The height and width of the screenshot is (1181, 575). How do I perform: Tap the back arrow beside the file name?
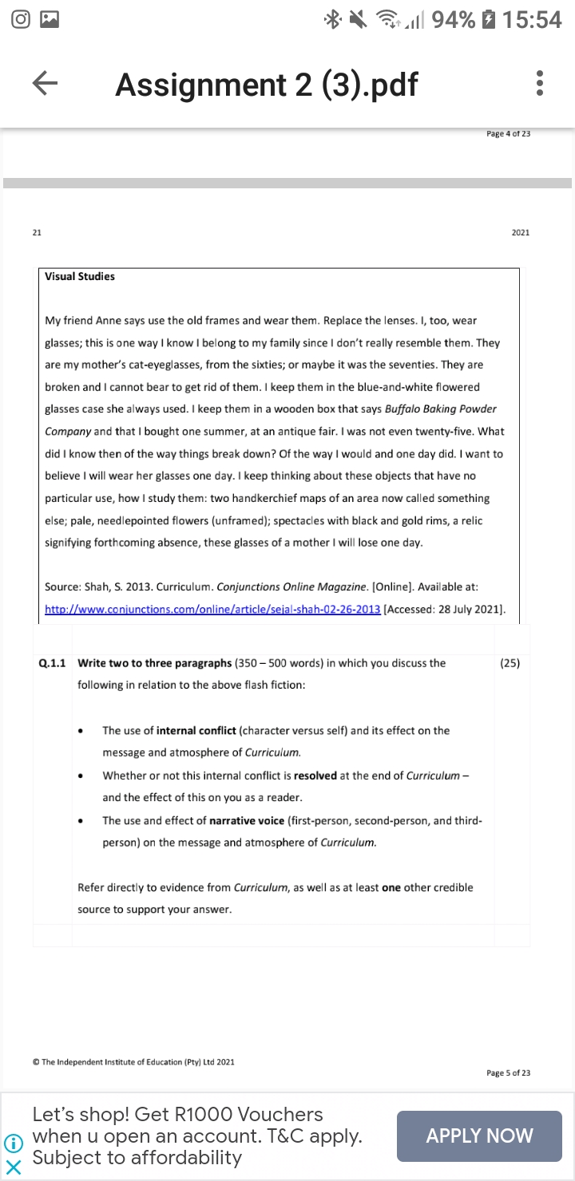click(46, 83)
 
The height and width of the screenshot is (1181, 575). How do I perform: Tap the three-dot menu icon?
click(541, 83)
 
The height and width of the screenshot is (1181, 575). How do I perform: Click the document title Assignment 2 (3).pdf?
click(266, 84)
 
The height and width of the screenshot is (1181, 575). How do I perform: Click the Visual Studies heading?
click(80, 276)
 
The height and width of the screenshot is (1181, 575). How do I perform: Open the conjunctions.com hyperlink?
click(212, 610)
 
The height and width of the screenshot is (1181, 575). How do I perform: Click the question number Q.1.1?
click(52, 663)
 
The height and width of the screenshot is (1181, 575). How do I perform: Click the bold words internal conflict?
click(196, 730)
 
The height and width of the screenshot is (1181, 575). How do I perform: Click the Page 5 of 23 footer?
click(508, 1073)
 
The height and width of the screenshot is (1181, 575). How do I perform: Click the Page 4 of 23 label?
click(508, 134)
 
